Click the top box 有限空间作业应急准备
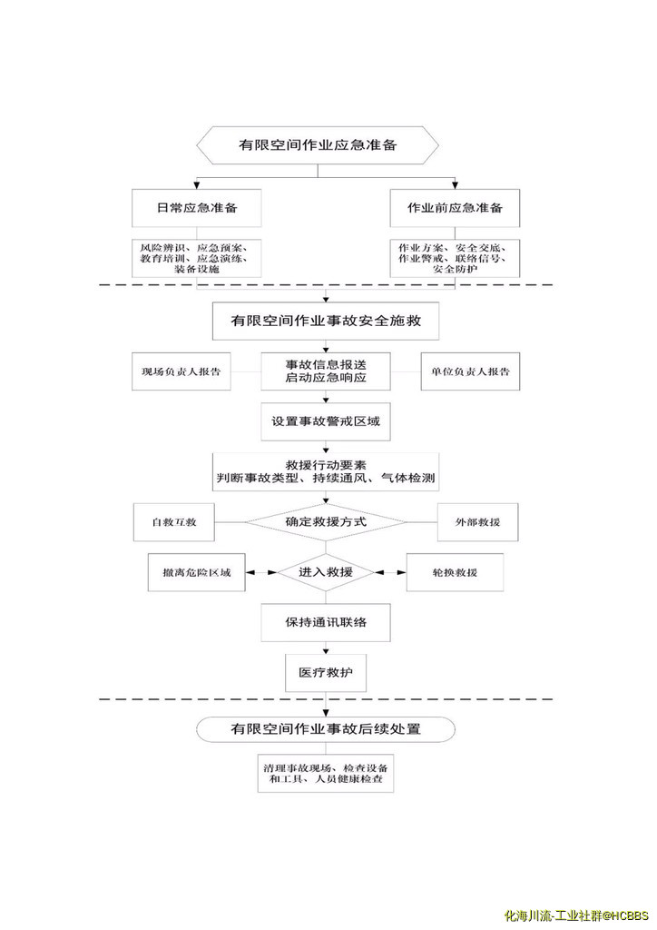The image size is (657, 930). pos(319,144)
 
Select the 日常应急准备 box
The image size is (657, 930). pos(197,209)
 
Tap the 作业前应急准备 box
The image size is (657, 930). pos(454,209)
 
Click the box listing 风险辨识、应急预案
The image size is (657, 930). pos(197,258)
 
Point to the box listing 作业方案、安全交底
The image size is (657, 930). pos(454,258)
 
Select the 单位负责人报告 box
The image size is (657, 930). pos(470,371)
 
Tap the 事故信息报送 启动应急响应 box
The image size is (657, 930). pos(326,371)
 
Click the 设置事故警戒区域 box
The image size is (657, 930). pos(326,421)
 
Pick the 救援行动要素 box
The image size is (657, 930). pos(326,470)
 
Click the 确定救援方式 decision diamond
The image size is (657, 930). pos(326,522)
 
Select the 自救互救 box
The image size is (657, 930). pos(175,523)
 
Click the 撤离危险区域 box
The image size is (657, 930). pos(196,573)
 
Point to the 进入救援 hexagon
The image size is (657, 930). pos(326,573)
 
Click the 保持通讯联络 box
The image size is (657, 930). pos(326,623)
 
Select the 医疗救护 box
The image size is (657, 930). pos(326,673)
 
